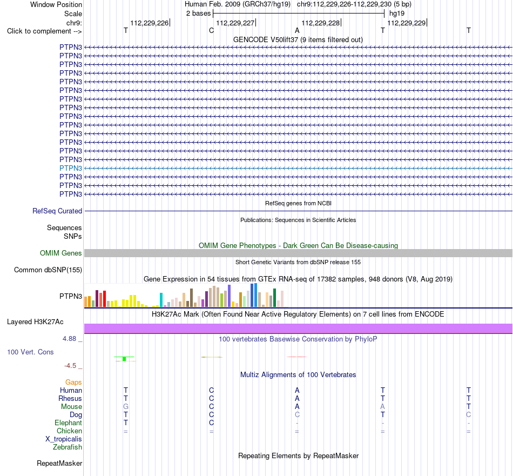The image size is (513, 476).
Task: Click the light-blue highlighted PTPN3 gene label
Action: pyautogui.click(x=71, y=168)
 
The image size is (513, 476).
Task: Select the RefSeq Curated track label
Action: pyautogui.click(x=57, y=211)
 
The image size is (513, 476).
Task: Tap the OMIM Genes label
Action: pyautogui.click(x=61, y=253)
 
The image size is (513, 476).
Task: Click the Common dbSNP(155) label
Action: pyautogui.click(x=48, y=270)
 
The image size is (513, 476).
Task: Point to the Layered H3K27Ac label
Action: pyautogui.click(x=35, y=322)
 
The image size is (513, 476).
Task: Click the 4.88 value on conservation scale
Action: pyautogui.click(x=69, y=339)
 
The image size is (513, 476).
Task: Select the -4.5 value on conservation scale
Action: pyautogui.click(x=70, y=366)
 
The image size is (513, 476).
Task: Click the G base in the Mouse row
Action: pyautogui.click(x=126, y=407)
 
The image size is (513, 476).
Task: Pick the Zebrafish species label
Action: pyautogui.click(x=67, y=447)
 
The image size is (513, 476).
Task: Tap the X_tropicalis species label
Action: pyautogui.click(x=64, y=439)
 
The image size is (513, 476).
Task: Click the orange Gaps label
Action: pyautogui.click(x=73, y=383)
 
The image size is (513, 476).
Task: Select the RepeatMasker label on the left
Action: pyautogui.click(x=59, y=463)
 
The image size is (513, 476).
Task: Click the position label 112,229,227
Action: pyautogui.click(x=235, y=23)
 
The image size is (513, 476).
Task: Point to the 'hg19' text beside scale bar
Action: pyautogui.click(x=397, y=14)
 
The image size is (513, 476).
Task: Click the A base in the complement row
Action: pyautogui.click(x=297, y=30)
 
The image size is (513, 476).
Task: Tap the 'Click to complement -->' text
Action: pyautogui.click(x=44, y=31)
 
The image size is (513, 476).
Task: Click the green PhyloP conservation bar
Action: pyautogui.click(x=124, y=359)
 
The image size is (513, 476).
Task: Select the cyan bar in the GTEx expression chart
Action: pyautogui.click(x=161, y=300)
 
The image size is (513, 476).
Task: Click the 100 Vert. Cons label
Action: pyautogui.click(x=30, y=352)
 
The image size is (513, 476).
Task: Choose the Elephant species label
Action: pyautogui.click(x=69, y=423)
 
